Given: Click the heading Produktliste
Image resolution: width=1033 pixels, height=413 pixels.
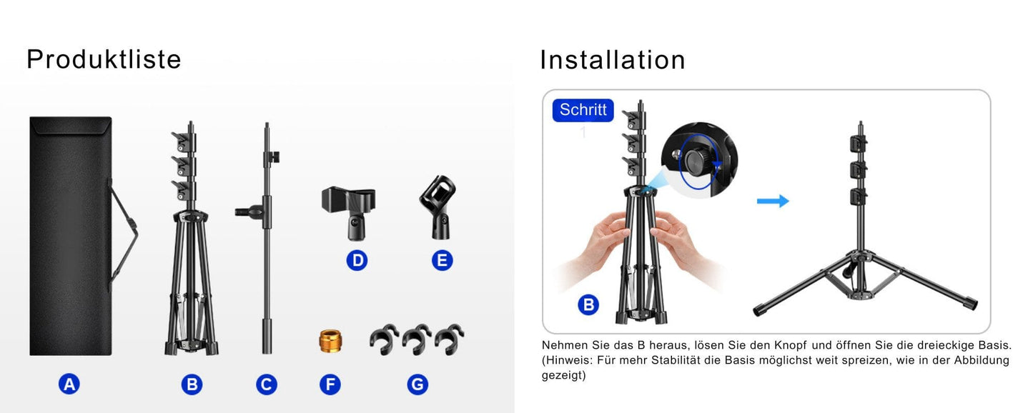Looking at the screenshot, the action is tap(104, 59).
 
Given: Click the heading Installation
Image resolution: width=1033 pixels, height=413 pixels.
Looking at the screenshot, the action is tap(613, 60).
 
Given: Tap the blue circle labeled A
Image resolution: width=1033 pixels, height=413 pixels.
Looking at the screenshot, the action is tap(69, 384).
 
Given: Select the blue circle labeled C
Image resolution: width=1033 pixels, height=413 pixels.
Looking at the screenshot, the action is tap(267, 384).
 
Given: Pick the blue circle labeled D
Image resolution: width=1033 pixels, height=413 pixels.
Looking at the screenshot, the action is tap(357, 260).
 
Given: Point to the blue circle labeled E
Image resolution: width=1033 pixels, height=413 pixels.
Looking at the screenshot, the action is tap(443, 260).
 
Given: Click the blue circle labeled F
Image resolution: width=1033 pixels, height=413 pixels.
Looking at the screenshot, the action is tap(330, 384).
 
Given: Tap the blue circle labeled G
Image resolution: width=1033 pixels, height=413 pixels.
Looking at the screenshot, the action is tap(417, 384).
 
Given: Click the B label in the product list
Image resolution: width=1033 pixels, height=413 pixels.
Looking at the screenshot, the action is tap(192, 384).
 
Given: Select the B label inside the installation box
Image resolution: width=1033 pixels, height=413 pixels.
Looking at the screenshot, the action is tap(588, 304).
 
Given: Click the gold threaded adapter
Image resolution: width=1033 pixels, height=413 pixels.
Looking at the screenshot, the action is tap(330, 341).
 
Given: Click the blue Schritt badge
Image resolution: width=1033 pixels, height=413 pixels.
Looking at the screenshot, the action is tap(583, 110).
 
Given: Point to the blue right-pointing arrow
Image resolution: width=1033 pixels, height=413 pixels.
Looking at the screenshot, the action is tap(773, 201).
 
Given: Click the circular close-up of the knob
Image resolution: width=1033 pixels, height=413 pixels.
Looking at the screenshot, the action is tap(699, 160).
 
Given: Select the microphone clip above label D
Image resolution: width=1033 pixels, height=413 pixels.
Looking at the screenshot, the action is tap(349, 213).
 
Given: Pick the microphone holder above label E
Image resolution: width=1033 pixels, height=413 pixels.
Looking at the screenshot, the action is tap(438, 207).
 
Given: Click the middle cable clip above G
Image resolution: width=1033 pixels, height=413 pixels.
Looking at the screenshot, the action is tap(417, 339).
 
